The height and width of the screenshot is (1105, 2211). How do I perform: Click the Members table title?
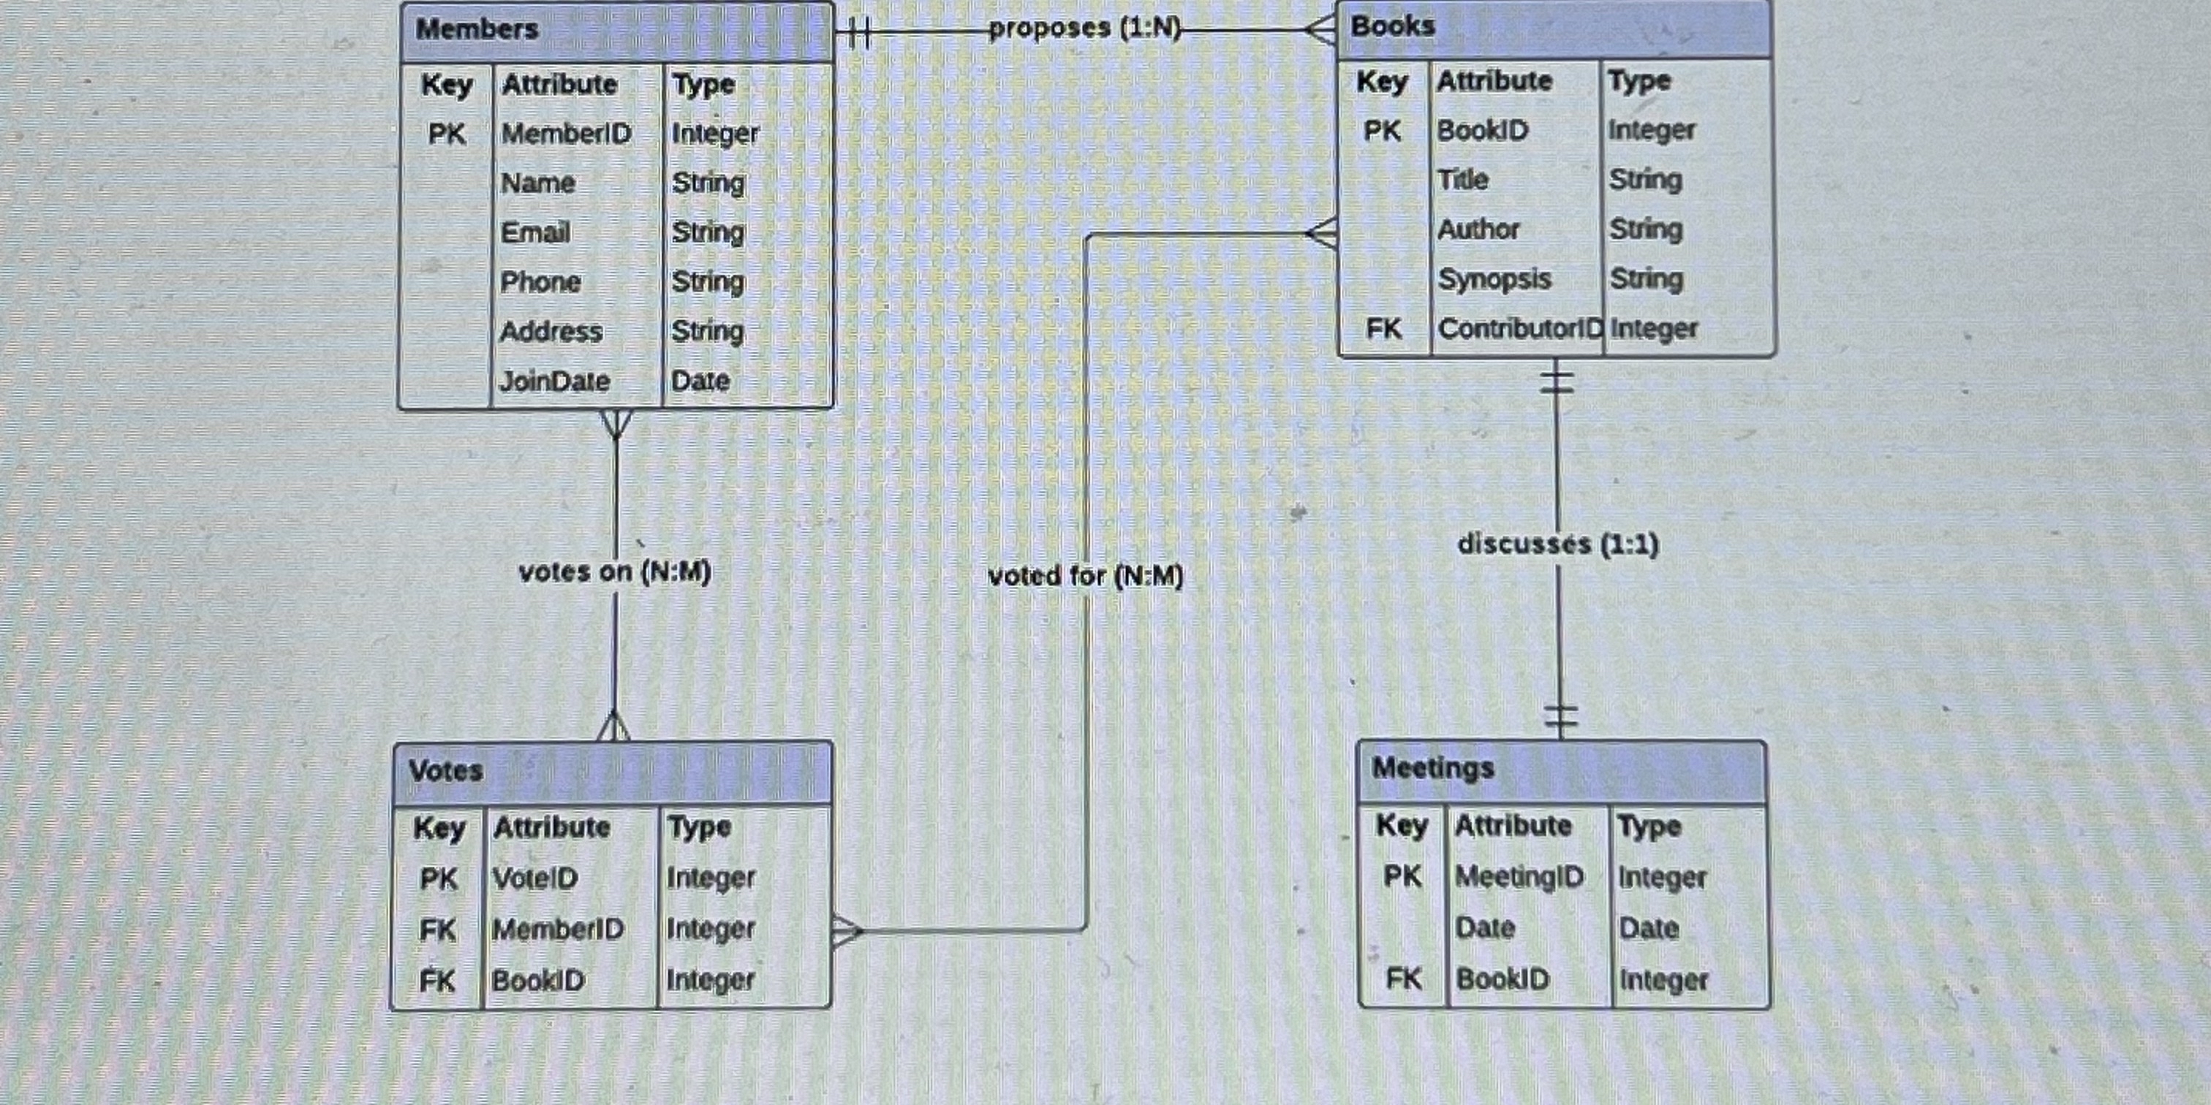(477, 29)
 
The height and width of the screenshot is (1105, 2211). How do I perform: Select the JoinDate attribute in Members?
(554, 381)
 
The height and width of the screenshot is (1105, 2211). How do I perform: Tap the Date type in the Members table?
(700, 381)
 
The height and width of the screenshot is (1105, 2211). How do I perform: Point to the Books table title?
(1392, 26)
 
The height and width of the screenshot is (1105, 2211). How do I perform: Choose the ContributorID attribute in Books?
(1519, 329)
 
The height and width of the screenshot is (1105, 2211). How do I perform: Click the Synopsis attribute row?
(1494, 279)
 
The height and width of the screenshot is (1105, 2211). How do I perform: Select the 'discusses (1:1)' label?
(1558, 544)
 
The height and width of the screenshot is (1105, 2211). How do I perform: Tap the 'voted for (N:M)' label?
(1085, 576)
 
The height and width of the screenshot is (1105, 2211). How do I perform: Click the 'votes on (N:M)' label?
(615, 572)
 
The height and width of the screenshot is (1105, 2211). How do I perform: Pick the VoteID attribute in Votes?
(534, 878)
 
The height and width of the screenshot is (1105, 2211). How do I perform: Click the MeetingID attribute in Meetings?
(1519, 877)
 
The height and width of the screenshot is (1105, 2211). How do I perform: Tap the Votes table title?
(445, 770)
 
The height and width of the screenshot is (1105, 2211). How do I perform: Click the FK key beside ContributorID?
(1383, 329)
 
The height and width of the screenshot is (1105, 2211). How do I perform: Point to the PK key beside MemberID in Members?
(446, 134)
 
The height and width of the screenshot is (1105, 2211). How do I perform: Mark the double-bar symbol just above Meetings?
(1560, 715)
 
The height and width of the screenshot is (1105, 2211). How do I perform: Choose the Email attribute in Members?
(536, 232)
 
